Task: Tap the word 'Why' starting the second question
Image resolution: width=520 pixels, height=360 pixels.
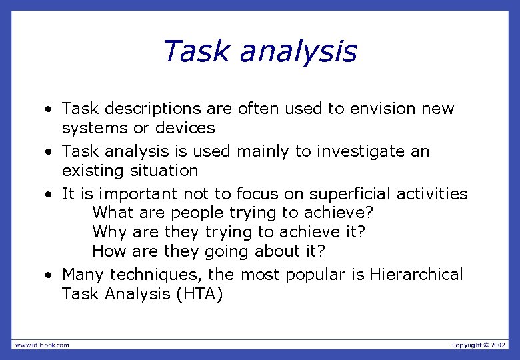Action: pos(109,233)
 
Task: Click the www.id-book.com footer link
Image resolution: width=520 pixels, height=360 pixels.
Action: pos(41,345)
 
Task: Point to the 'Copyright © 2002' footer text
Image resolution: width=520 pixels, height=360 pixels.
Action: pos(479,345)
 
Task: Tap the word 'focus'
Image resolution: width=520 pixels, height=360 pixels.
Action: pos(255,194)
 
